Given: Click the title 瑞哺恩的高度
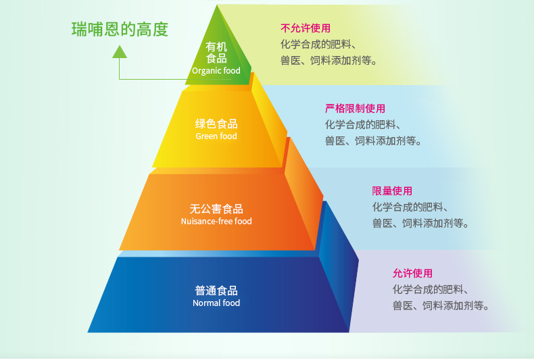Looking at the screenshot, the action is point(120,30).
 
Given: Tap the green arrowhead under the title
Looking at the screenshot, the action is point(120,51).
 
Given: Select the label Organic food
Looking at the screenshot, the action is point(216,71).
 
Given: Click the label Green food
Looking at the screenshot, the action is point(216,136).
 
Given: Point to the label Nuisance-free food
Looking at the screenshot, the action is point(216,222).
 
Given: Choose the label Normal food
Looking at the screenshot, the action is point(216,303).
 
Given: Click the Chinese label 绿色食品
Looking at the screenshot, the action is point(216,124).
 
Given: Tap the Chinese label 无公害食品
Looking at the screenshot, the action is point(216,209).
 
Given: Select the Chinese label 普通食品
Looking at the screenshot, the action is point(216,290).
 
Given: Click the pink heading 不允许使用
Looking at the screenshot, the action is point(306,28).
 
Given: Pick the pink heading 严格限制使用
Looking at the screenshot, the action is point(355,108).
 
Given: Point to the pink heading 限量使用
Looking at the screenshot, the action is point(392,191).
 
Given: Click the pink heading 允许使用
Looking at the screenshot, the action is point(412,274).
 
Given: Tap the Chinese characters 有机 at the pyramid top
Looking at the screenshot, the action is point(216,47).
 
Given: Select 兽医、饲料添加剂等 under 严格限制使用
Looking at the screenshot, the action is point(373,141).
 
